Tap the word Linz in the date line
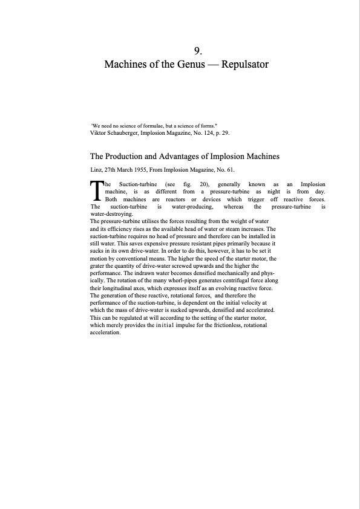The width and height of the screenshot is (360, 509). (96, 169)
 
